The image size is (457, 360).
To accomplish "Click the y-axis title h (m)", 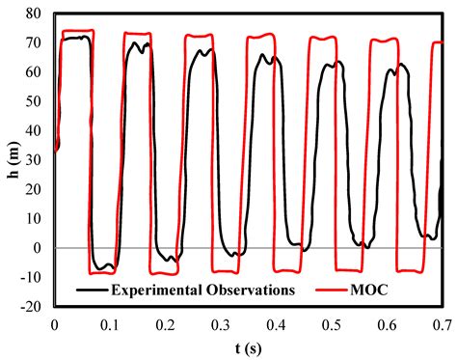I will pos(13,159).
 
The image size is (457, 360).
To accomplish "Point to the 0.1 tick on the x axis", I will pos(110,323).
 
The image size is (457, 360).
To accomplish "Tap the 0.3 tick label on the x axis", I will pos(221,323).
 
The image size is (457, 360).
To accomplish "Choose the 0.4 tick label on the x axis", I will pos(277,323).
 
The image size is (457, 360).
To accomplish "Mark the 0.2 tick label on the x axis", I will pos(166,323).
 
